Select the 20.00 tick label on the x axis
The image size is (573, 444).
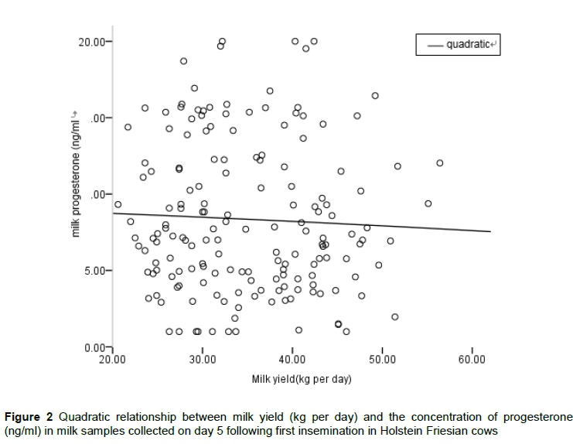[x=112, y=360]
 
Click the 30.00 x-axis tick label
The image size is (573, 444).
[x=203, y=360]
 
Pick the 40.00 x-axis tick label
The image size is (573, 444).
[x=292, y=360]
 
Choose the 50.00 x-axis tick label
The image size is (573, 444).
[x=382, y=360]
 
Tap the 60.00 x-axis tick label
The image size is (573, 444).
[x=472, y=360]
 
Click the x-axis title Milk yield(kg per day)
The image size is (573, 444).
[x=301, y=380]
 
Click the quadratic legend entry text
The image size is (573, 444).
[x=469, y=45]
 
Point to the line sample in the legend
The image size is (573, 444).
[x=431, y=45]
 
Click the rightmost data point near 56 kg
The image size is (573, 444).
[x=440, y=163]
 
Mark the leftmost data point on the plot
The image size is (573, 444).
[x=118, y=205]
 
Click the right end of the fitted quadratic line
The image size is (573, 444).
[x=490, y=231]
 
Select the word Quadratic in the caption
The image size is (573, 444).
[x=84, y=418]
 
